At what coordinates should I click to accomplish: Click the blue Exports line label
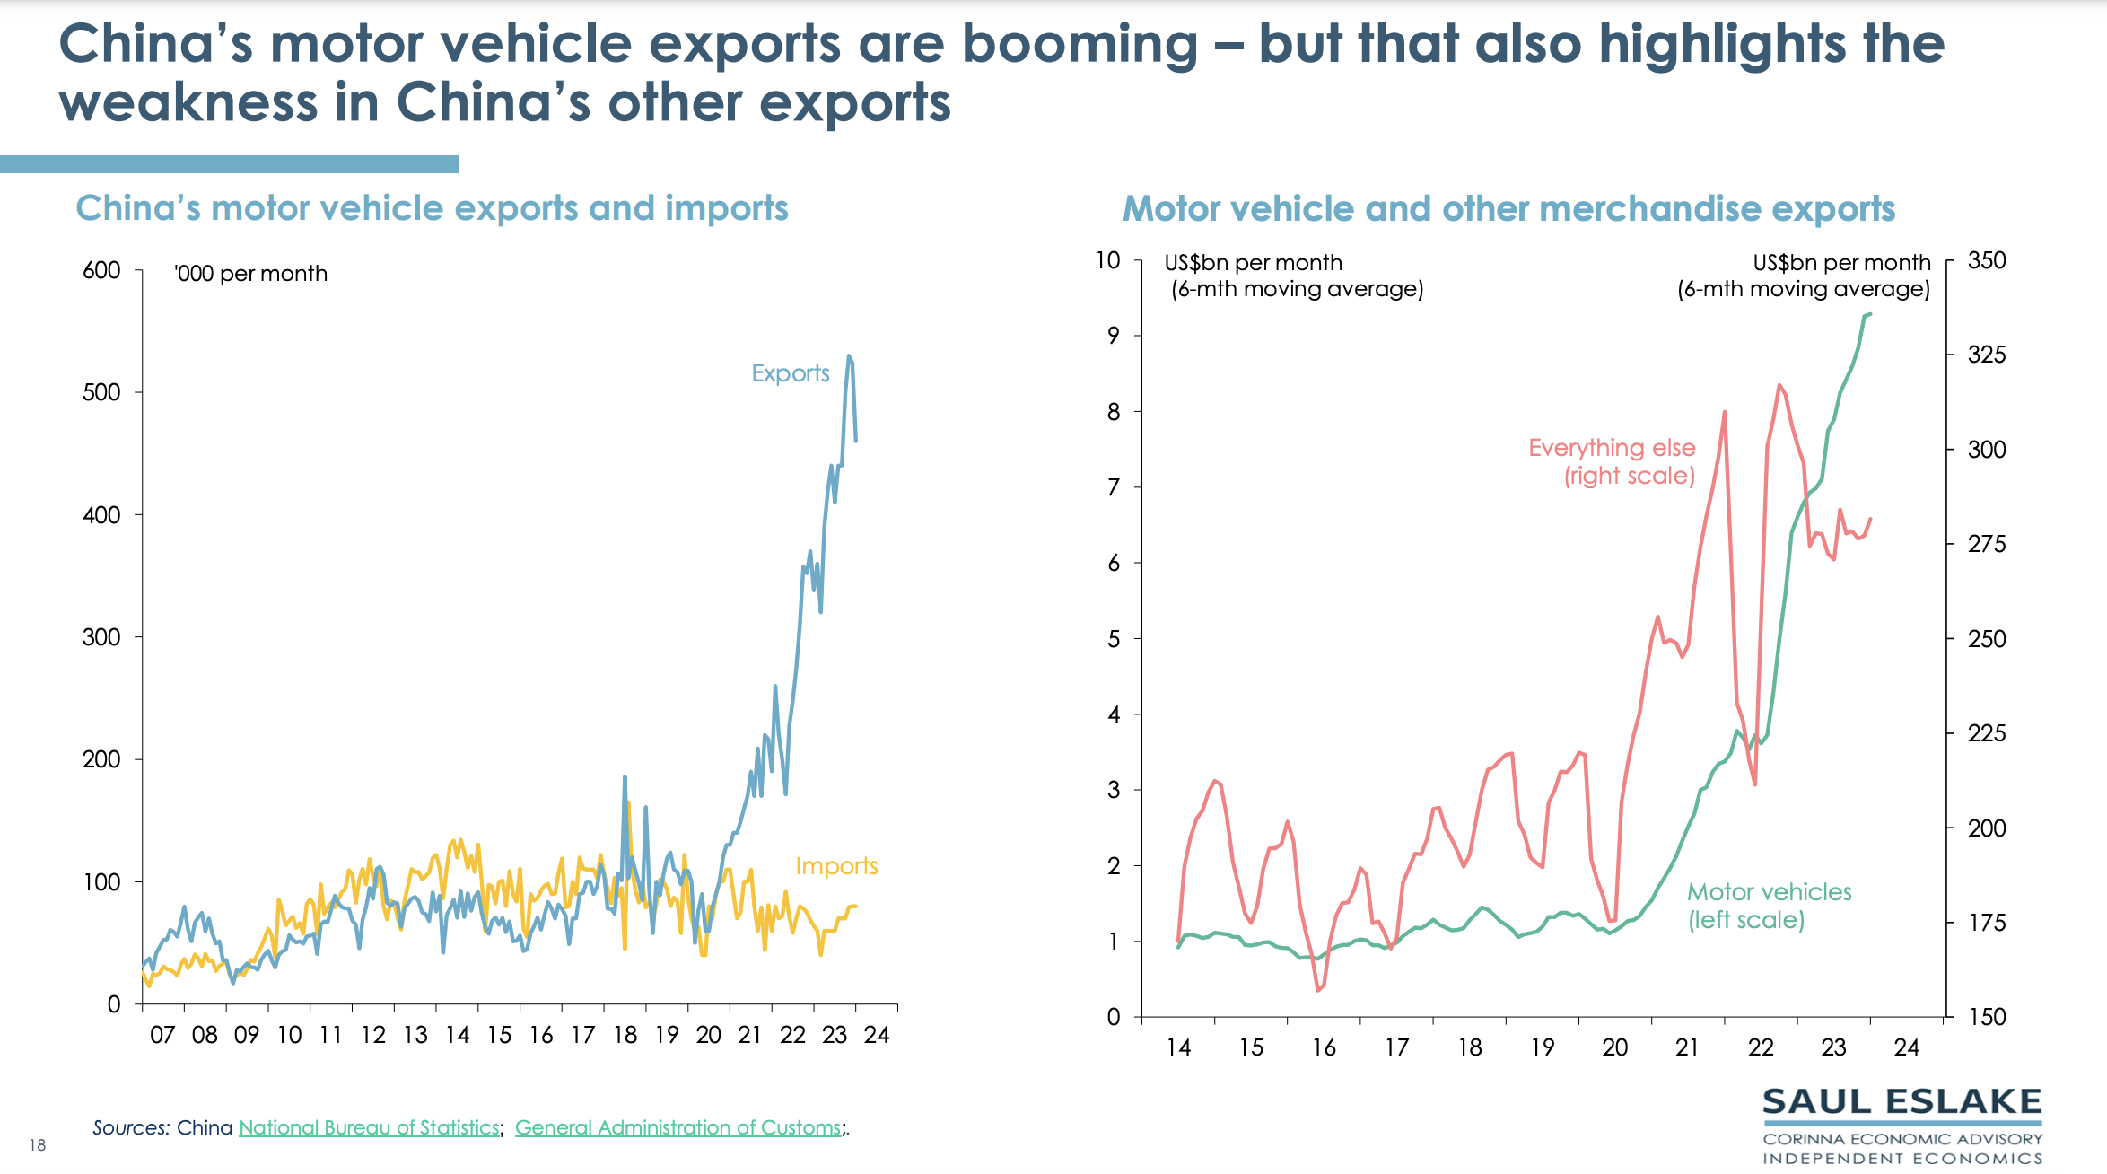pyautogui.click(x=790, y=373)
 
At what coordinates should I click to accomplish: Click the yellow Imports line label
pyautogui.click(x=836, y=866)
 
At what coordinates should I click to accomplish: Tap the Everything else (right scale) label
pyautogui.click(x=1612, y=461)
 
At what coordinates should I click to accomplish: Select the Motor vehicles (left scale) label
pyautogui.click(x=1769, y=906)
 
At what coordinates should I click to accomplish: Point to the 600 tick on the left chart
pyautogui.click(x=101, y=270)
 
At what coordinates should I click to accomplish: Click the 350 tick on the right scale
pyautogui.click(x=1987, y=260)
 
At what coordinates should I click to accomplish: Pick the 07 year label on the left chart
pyautogui.click(x=162, y=1035)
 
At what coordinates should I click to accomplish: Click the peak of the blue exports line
pyautogui.click(x=849, y=356)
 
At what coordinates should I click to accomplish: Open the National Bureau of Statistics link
pyautogui.click(x=369, y=1127)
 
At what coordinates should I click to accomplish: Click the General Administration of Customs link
pyautogui.click(x=678, y=1127)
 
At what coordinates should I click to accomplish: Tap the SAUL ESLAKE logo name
pyautogui.click(x=1902, y=1102)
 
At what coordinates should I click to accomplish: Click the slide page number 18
pyautogui.click(x=37, y=1144)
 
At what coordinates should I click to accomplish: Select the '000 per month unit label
pyautogui.click(x=251, y=274)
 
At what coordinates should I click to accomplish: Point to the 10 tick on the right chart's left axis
pyautogui.click(x=1108, y=260)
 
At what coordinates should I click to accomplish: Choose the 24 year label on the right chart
pyautogui.click(x=1906, y=1047)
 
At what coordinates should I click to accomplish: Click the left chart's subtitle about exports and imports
pyautogui.click(x=432, y=208)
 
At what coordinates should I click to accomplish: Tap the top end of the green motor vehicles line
pyautogui.click(x=1869, y=314)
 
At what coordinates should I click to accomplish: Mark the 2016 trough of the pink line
pyautogui.click(x=1318, y=990)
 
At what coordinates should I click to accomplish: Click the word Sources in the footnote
pyautogui.click(x=130, y=1127)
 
